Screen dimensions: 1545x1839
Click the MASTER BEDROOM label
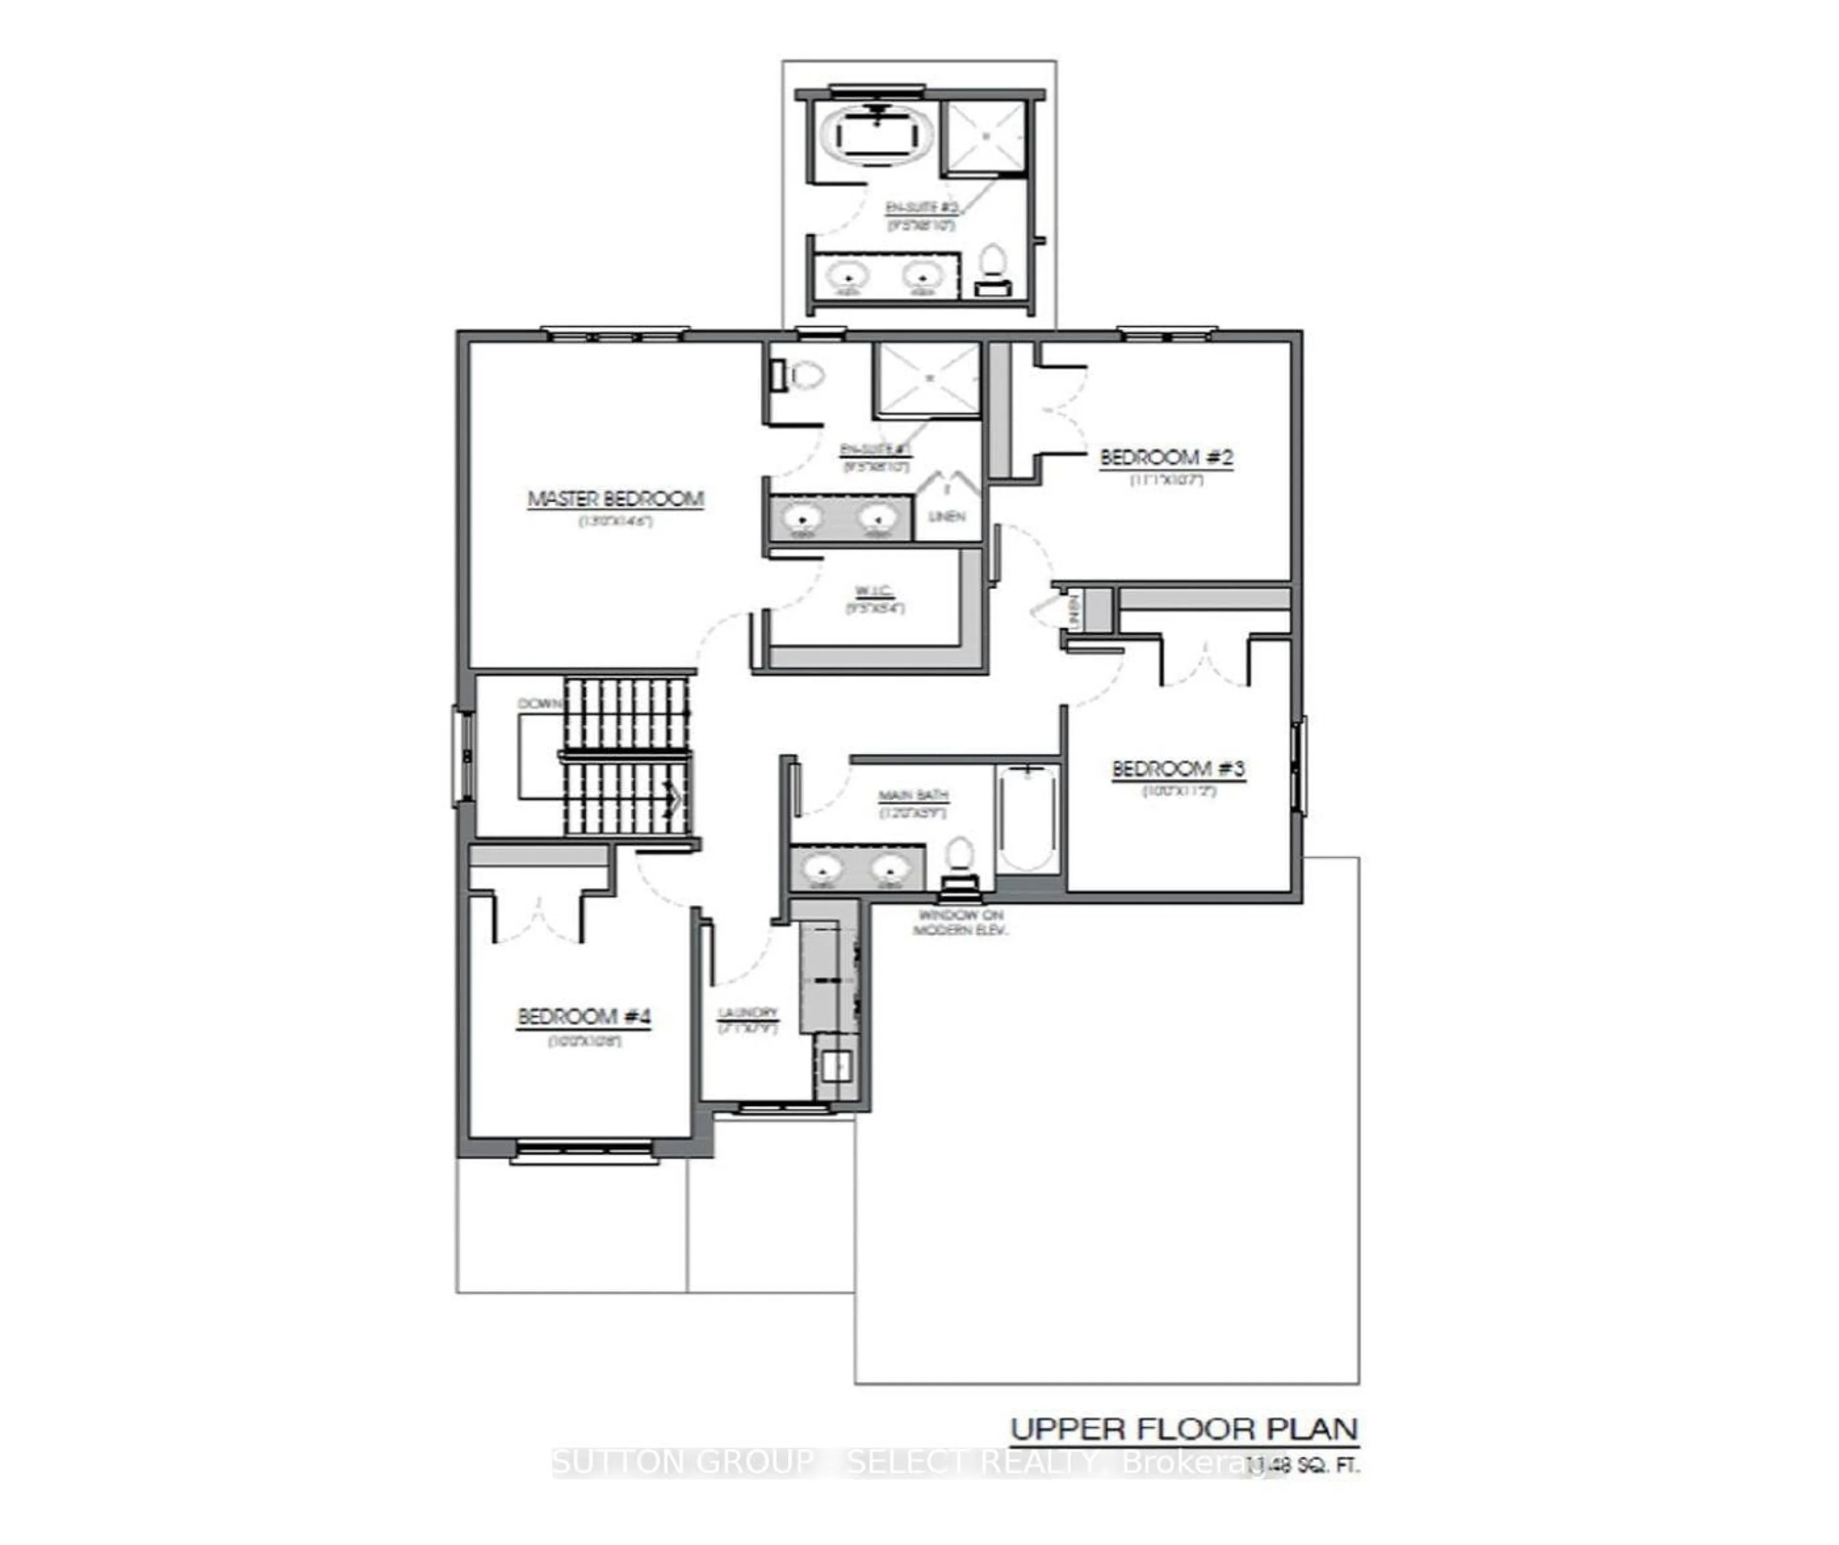click(x=615, y=499)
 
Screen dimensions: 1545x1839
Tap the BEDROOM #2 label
click(x=1167, y=457)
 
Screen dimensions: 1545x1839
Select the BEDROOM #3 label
click(x=1178, y=769)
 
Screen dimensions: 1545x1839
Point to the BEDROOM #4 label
click(x=584, y=1017)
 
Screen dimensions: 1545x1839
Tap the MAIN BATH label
click(x=913, y=795)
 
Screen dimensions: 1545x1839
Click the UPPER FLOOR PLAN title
click(x=1184, y=1430)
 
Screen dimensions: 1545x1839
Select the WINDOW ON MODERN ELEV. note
click(x=961, y=922)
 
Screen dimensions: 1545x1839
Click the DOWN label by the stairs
click(x=539, y=704)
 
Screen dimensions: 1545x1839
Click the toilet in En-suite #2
click(x=992, y=265)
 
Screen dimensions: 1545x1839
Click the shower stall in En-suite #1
click(x=928, y=378)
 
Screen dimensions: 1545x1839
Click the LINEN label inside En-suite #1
click(x=947, y=517)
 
